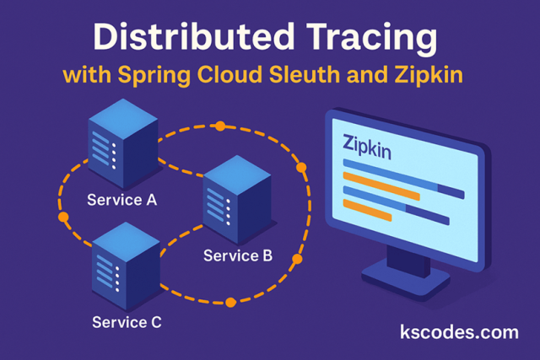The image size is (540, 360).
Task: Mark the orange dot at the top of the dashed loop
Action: [x=220, y=126]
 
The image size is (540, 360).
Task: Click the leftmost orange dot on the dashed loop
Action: [x=63, y=218]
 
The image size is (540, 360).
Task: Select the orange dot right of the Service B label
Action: [x=296, y=258]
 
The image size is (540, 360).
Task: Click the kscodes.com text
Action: [x=459, y=331]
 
